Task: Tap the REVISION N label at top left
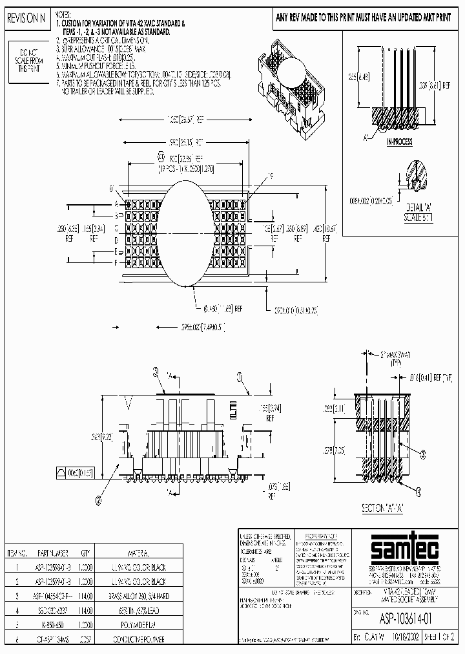pos(26,19)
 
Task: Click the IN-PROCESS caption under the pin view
pos(399,142)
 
